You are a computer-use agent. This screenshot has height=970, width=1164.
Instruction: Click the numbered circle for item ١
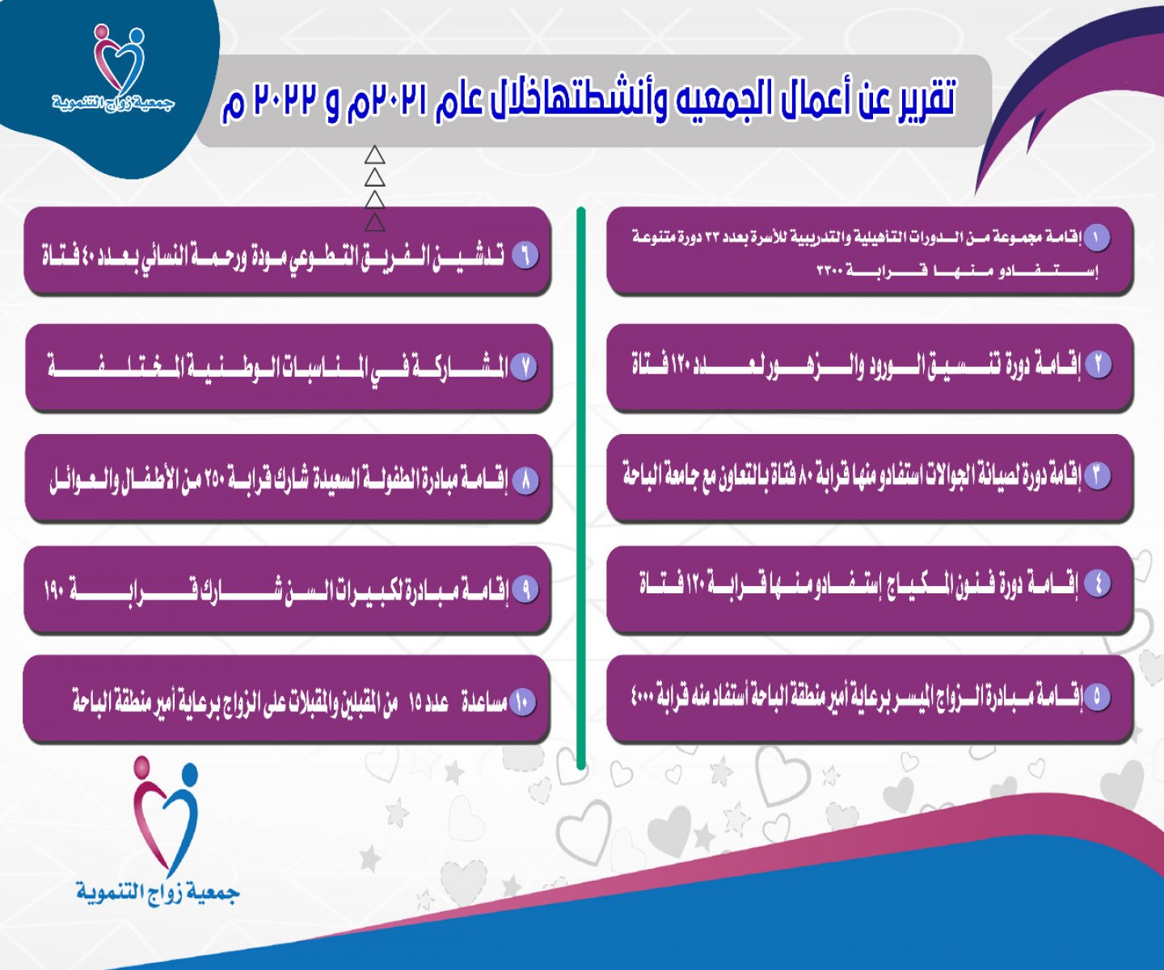tap(1096, 238)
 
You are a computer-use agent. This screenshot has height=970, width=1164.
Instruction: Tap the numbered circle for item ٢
tap(1099, 365)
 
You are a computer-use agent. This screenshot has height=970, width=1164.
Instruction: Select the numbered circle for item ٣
tap(1099, 475)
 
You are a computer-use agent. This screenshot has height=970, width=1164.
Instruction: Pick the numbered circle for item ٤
tap(1099, 584)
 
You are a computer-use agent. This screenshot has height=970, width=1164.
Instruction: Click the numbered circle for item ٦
tap(525, 255)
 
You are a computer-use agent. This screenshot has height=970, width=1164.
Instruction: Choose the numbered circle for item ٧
tap(523, 367)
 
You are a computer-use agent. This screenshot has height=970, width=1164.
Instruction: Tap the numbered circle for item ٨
tap(525, 481)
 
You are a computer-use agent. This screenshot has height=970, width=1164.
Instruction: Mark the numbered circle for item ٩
tap(525, 590)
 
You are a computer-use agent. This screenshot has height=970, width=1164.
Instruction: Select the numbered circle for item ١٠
tap(522, 702)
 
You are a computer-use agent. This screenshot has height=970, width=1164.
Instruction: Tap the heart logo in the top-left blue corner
tap(118, 58)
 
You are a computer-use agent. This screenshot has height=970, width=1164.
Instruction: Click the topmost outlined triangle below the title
tap(374, 155)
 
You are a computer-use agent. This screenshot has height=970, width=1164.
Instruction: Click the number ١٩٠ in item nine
tap(54, 590)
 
